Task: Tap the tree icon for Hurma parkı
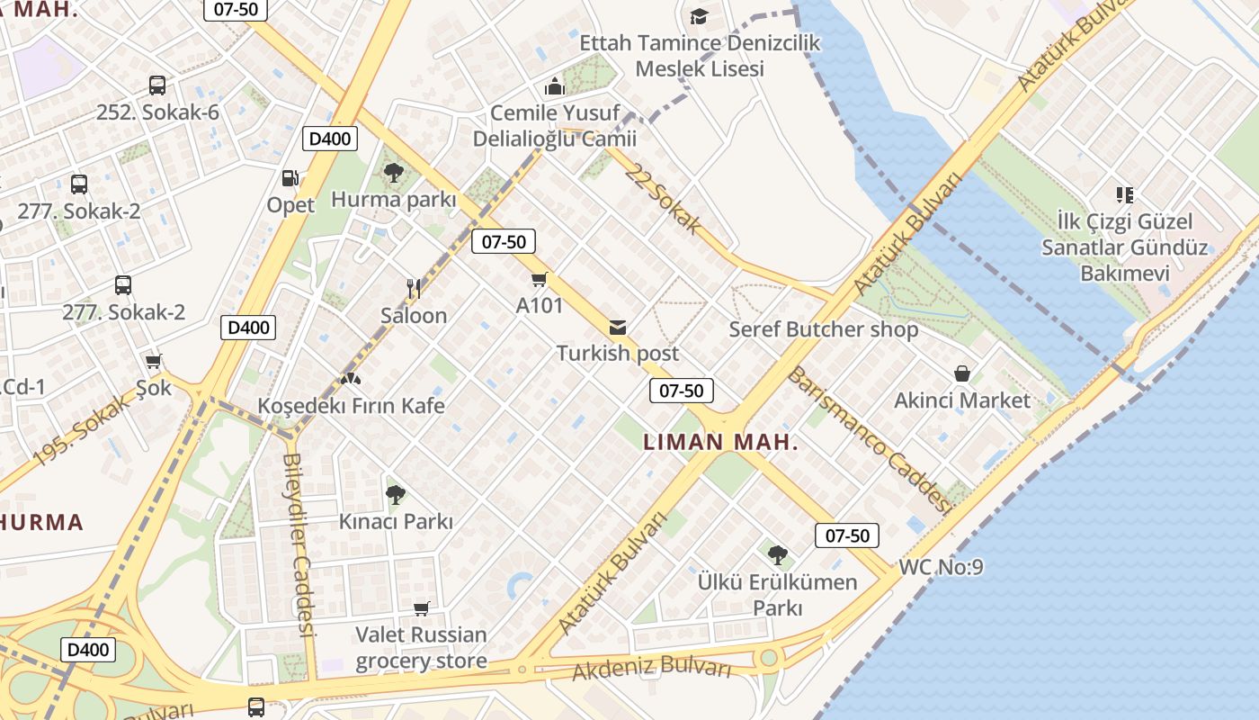click(x=393, y=173)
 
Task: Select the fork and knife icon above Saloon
click(x=414, y=289)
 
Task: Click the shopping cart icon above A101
click(x=540, y=279)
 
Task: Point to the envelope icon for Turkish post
click(x=618, y=327)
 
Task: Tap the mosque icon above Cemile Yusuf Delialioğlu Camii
click(x=555, y=87)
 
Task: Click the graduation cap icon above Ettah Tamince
click(x=699, y=16)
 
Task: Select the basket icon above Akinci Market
click(x=962, y=373)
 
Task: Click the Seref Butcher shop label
click(x=823, y=329)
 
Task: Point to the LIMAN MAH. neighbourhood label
click(x=721, y=442)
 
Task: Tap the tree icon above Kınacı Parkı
click(x=395, y=494)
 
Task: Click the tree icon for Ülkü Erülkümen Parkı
click(x=778, y=555)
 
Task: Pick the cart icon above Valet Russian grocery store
click(x=421, y=608)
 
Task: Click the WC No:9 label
click(x=941, y=568)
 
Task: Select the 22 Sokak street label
click(x=664, y=200)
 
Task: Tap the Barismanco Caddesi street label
click(x=869, y=440)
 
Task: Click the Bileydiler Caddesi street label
click(x=299, y=545)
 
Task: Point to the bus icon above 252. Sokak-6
click(x=157, y=85)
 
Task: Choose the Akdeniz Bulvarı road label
click(x=652, y=668)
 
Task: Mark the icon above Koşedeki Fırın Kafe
click(x=351, y=380)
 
